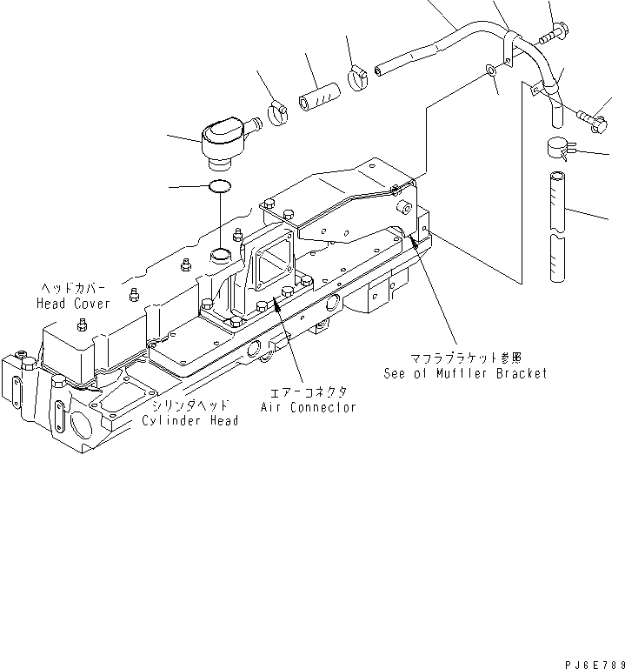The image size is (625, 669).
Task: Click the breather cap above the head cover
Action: (x=223, y=141)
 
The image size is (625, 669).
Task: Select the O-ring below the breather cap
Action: (x=221, y=185)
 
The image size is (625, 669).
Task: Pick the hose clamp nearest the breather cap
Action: (x=279, y=112)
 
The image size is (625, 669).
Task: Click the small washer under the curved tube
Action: (x=492, y=70)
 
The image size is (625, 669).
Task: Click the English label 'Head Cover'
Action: (x=73, y=304)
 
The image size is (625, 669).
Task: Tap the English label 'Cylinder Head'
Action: (x=189, y=421)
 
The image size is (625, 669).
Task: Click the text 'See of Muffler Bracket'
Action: (x=466, y=373)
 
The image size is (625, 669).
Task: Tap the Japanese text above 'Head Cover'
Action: (x=76, y=288)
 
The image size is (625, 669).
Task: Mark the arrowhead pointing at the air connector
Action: (x=276, y=301)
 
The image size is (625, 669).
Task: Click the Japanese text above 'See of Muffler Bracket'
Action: (x=466, y=358)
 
